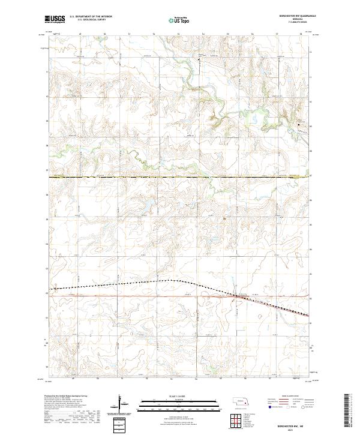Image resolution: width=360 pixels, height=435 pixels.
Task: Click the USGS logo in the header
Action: (55, 20)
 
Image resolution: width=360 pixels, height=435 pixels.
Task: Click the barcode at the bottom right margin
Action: (347, 411)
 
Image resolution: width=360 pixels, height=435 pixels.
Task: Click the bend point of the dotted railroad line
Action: (176, 280)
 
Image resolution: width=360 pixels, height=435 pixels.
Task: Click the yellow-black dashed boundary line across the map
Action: (180, 177)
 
